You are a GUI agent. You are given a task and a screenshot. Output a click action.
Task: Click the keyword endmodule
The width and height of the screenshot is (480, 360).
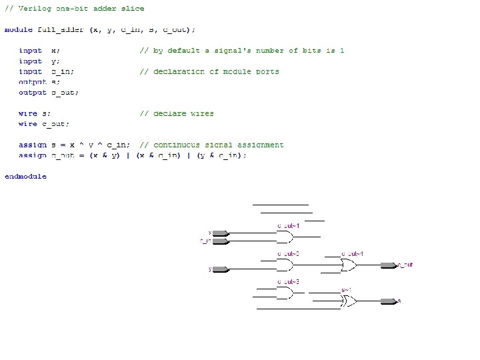tap(25, 177)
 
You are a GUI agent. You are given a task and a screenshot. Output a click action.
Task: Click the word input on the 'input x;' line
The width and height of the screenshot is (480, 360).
tap(30, 51)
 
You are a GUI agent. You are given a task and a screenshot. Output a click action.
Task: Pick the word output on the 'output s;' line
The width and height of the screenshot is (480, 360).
tap(32, 82)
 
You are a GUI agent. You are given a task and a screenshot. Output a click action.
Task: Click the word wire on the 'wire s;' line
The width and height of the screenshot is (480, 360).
tap(27, 113)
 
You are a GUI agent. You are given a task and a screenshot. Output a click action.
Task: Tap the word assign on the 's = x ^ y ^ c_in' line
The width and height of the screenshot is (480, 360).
tap(32, 145)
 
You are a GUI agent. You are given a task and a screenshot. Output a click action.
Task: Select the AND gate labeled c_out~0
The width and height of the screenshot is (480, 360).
tap(285, 265)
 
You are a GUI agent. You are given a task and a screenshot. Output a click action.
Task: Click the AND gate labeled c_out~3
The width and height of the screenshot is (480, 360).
tap(285, 293)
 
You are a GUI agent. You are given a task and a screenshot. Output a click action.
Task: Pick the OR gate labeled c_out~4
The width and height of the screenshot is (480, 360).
tap(349, 265)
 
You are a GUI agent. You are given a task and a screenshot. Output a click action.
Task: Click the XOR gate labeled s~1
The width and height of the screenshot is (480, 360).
tap(349, 301)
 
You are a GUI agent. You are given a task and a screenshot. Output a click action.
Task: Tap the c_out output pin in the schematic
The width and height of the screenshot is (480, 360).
tap(388, 265)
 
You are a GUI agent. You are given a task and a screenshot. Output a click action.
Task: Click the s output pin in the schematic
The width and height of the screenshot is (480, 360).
tap(388, 301)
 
